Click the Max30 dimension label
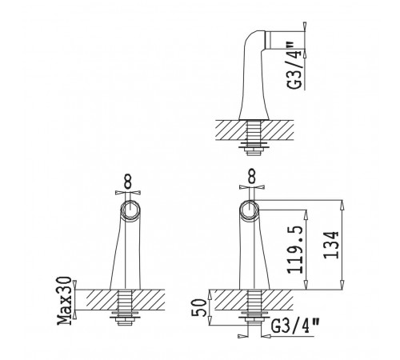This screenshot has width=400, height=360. (x=65, y=301)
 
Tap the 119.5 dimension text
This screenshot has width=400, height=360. (x=295, y=250)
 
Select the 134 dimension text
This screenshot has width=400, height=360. (x=331, y=245)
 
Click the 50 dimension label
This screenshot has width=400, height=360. (x=199, y=307)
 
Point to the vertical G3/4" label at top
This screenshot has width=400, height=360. (x=294, y=65)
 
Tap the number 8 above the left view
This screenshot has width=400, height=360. (x=128, y=182)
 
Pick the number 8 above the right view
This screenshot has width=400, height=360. (x=251, y=176)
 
